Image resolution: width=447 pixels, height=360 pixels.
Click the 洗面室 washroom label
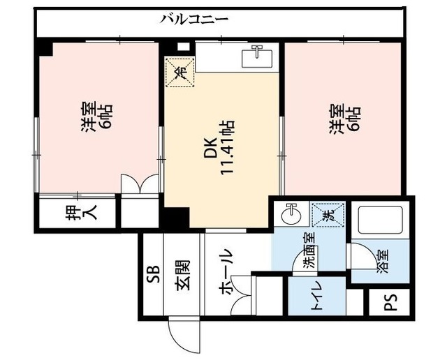click(309, 252)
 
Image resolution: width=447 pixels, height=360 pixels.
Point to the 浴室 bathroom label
click(382, 259)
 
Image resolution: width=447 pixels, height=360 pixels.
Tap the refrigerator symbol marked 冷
click(178, 71)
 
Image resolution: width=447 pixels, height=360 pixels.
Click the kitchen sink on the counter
click(258, 54)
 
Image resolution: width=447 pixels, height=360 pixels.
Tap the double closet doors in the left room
click(141, 185)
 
